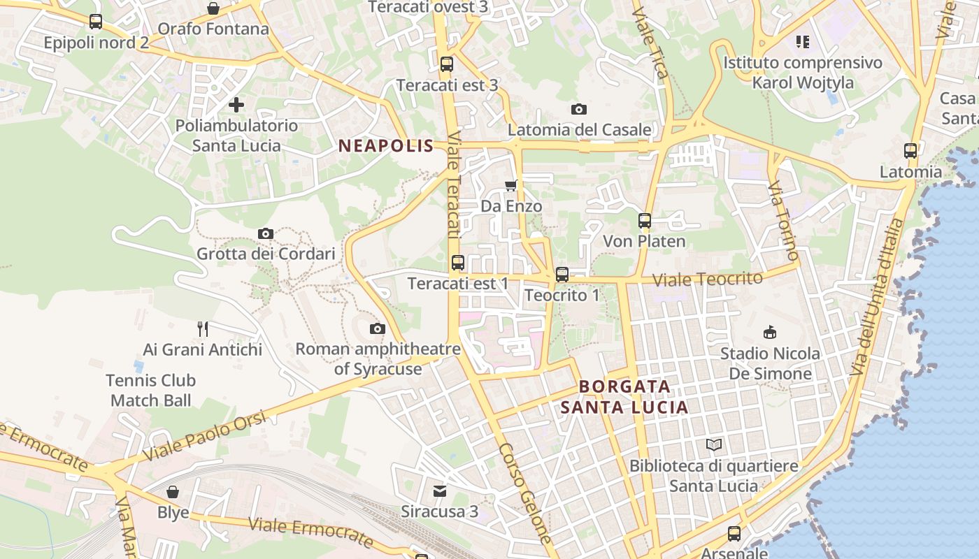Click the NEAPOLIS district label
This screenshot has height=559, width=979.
click(386, 146)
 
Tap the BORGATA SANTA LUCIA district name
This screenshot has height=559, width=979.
click(624, 397)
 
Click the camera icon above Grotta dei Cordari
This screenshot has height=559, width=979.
click(266, 233)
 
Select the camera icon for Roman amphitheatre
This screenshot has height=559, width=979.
click(378, 328)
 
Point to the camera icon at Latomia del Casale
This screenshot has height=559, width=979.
click(579, 109)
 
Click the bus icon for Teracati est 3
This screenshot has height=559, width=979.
click(447, 64)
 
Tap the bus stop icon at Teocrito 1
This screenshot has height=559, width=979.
click(562, 275)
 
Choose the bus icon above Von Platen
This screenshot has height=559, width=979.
click(645, 221)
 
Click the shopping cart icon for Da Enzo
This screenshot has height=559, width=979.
click(511, 185)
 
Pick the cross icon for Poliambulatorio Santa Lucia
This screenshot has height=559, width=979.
click(236, 105)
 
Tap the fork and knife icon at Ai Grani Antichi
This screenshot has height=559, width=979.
click(203, 328)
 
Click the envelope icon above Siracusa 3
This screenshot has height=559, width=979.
click(440, 491)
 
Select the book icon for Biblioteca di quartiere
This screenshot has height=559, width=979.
click(714, 444)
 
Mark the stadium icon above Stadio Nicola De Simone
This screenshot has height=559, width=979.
click(770, 332)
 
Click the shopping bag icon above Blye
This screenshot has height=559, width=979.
click(173, 492)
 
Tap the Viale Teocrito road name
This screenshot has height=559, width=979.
click(707, 279)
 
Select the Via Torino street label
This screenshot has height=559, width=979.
click(783, 220)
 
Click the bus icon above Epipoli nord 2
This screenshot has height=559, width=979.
click(96, 22)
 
